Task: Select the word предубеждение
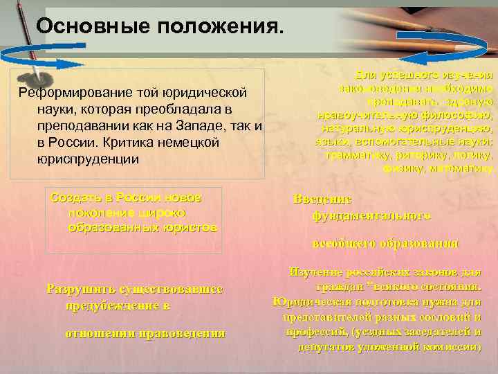tap(110, 305)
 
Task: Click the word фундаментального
tap(371, 215)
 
